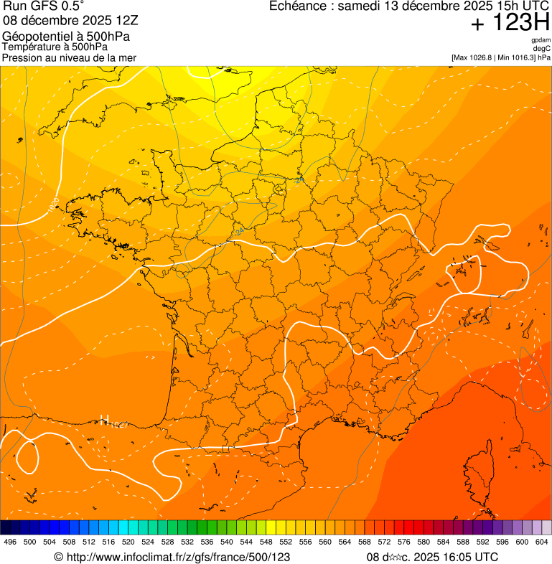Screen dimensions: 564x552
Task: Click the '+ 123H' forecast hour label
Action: (x=510, y=23)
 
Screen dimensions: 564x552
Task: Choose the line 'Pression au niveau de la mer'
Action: (x=69, y=57)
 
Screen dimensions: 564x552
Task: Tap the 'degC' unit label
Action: (x=542, y=48)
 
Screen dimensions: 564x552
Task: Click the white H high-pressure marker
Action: (x=105, y=420)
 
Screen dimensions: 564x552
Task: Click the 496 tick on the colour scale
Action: (x=10, y=542)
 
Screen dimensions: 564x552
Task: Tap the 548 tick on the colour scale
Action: (x=266, y=542)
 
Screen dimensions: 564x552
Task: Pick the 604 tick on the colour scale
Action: (x=542, y=542)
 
